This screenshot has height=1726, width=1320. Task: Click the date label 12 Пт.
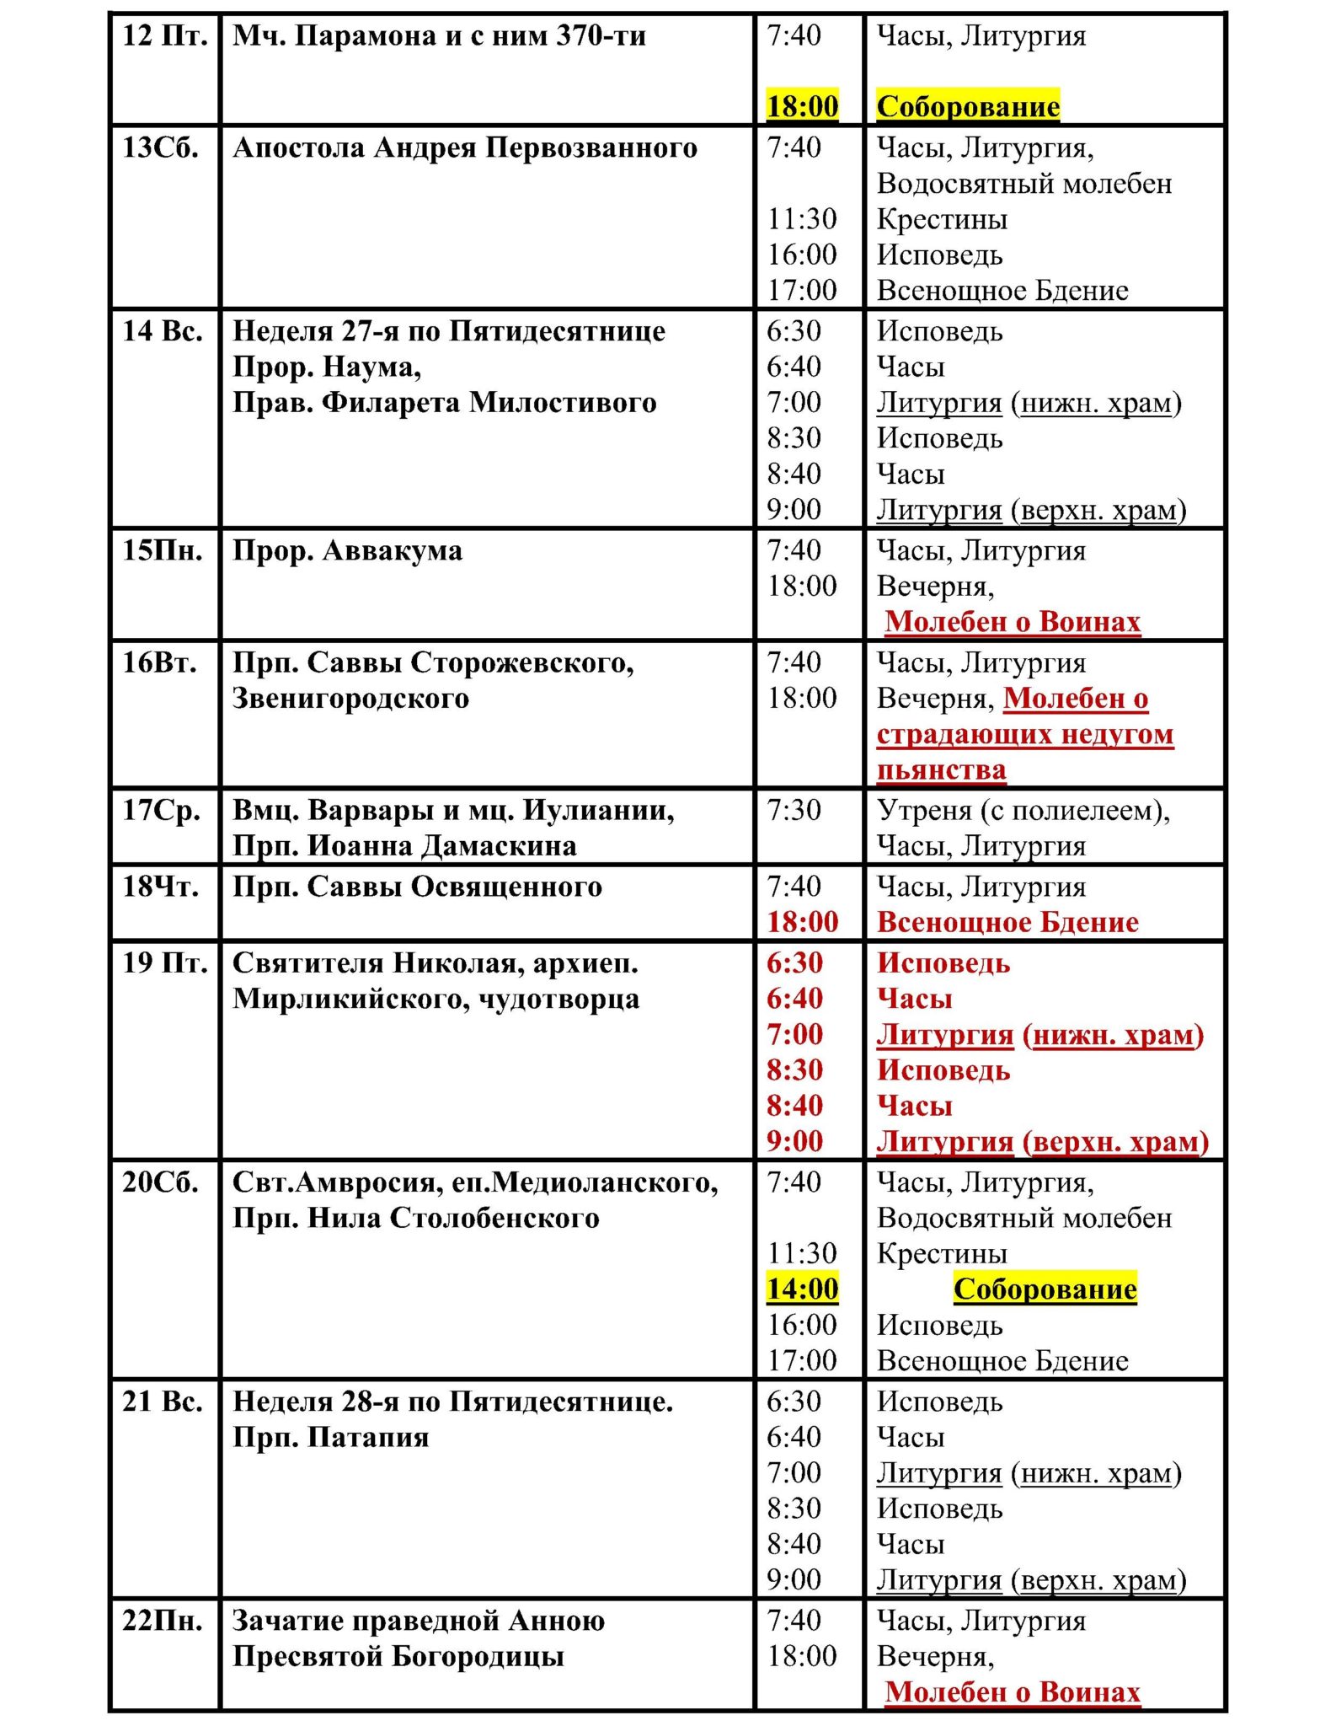(x=164, y=36)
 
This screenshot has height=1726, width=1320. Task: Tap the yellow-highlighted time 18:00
(x=802, y=106)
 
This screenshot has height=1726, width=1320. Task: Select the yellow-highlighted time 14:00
(x=802, y=1289)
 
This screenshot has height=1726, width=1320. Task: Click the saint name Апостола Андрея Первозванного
(x=465, y=148)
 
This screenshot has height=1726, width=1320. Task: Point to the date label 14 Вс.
(x=163, y=331)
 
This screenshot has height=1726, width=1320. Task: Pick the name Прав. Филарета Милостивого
(x=444, y=403)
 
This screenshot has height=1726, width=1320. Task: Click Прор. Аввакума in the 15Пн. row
(x=347, y=551)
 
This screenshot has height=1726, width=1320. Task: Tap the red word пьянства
(x=941, y=770)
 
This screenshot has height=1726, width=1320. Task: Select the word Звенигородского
(x=350, y=699)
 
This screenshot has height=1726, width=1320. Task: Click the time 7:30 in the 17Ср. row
(x=793, y=811)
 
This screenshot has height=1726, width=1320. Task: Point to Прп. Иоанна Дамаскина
(x=404, y=846)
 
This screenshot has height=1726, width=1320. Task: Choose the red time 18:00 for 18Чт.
(x=802, y=923)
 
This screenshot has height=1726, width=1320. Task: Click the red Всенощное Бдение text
(x=1007, y=923)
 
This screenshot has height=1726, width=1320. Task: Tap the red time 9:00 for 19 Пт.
(x=794, y=1142)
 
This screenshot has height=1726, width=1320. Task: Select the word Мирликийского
(x=350, y=1000)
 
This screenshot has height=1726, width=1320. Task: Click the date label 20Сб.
(x=160, y=1182)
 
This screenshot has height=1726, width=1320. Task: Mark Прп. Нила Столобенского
(x=415, y=1219)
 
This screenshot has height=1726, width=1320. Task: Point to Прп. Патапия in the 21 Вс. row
(x=330, y=1438)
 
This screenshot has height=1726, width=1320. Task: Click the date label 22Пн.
(x=162, y=1621)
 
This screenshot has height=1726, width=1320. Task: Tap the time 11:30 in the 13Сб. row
(x=801, y=220)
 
